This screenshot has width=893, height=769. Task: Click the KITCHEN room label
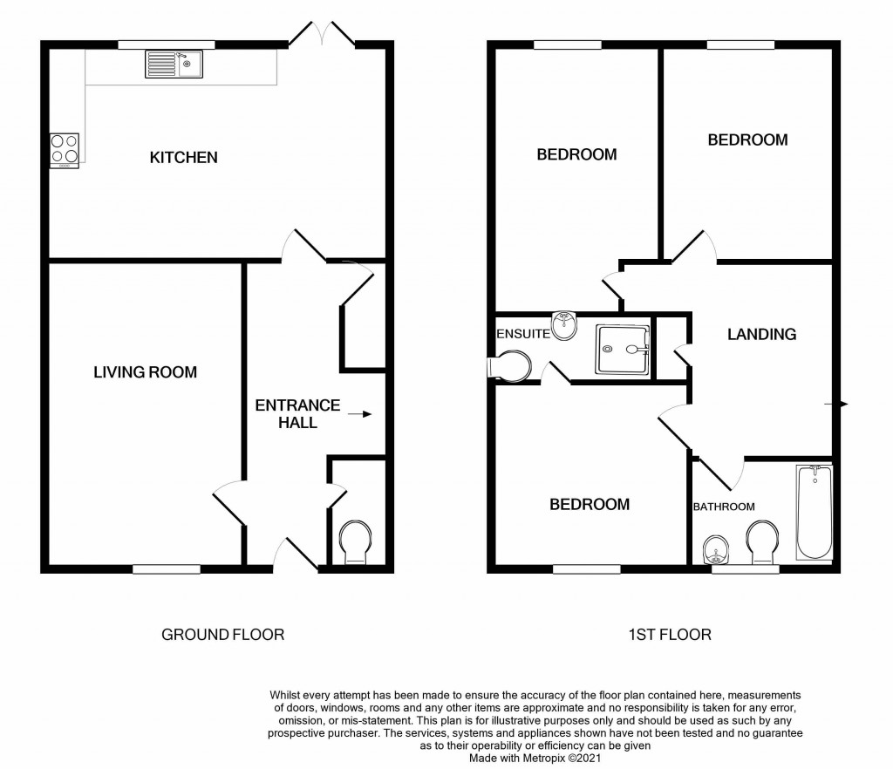coord(183,158)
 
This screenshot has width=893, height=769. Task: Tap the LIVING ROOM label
coord(146,372)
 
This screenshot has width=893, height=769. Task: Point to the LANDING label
coord(762,334)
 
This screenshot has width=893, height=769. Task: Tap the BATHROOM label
coord(724,507)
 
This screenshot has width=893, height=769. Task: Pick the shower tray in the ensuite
coord(623,350)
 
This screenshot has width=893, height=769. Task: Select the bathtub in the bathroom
coord(815,514)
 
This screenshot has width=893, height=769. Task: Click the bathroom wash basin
coord(715,551)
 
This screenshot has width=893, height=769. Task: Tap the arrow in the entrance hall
coord(358,414)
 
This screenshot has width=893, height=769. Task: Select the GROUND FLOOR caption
coord(223,634)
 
